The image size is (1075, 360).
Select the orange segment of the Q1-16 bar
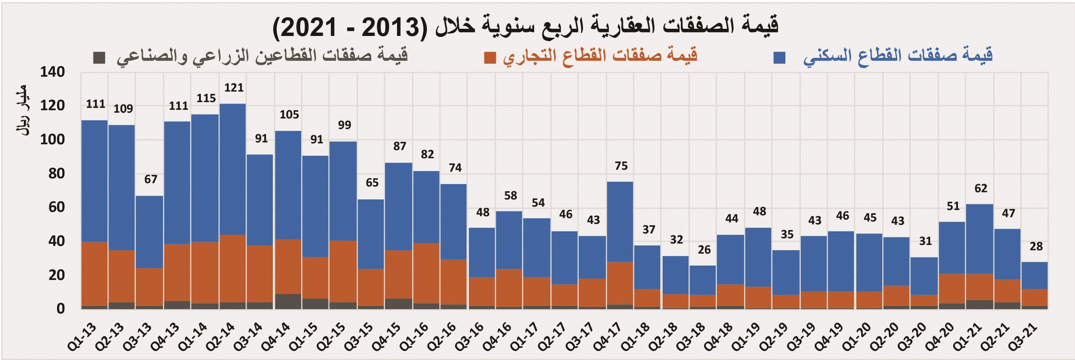426,273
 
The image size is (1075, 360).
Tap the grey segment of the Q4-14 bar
288,301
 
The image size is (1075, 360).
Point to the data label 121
234,88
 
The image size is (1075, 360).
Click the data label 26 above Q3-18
704,250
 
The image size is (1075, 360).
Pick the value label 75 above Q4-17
621,166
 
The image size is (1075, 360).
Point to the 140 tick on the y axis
52,72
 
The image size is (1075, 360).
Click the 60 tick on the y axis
56,207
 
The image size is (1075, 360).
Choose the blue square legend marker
780,58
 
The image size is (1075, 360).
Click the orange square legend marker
490,58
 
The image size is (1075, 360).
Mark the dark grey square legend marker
99,58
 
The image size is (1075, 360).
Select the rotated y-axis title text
23,110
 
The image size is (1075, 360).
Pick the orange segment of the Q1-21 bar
980,287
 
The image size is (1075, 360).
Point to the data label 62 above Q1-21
981,188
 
